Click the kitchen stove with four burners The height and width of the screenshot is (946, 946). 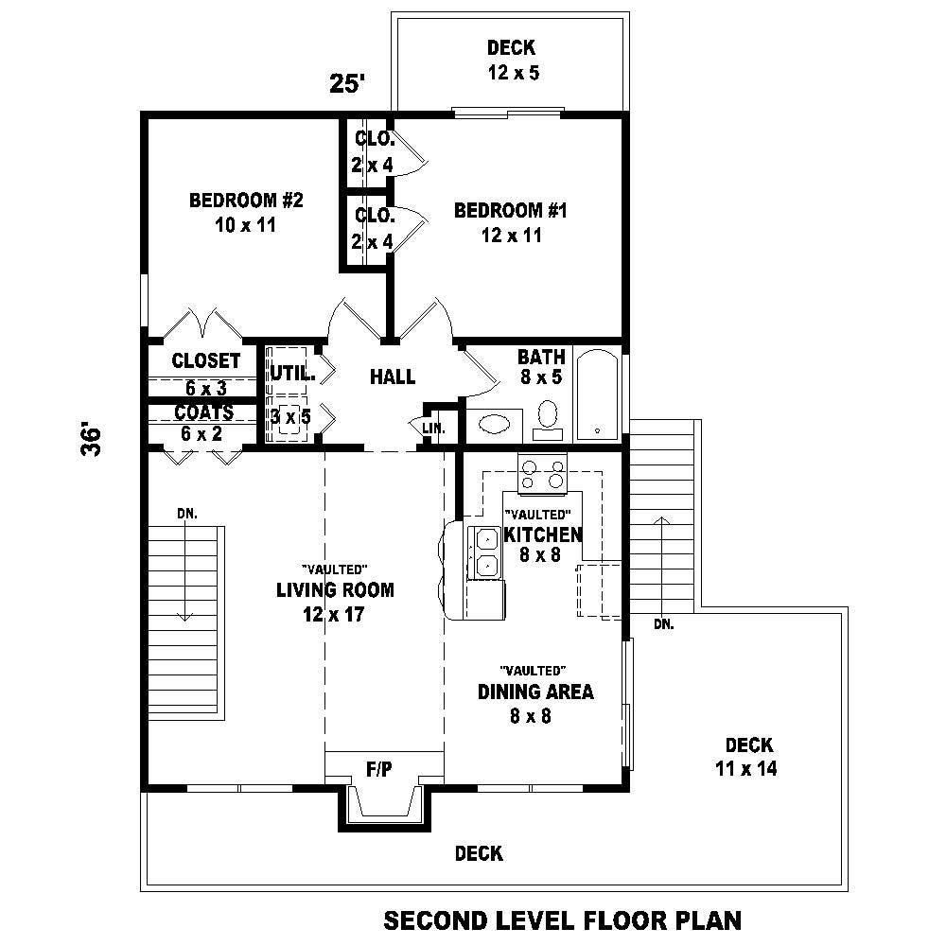pyautogui.click(x=542, y=473)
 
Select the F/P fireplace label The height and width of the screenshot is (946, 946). pyautogui.click(x=379, y=770)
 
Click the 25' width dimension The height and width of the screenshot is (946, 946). pyautogui.click(x=347, y=83)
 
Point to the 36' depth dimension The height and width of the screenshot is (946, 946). pyautogui.click(x=91, y=441)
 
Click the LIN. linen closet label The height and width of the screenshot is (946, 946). pyautogui.click(x=433, y=428)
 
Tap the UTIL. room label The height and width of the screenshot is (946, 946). pyautogui.click(x=291, y=373)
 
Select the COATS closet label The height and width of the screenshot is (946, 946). pyautogui.click(x=203, y=413)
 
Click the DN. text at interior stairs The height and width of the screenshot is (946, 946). pyautogui.click(x=185, y=513)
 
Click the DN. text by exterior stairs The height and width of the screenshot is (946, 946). pyautogui.click(x=663, y=623)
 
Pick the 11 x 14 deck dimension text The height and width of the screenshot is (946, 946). pyautogui.click(x=745, y=769)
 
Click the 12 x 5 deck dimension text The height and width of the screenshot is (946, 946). pyautogui.click(x=513, y=72)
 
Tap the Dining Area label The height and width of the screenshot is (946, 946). pyautogui.click(x=535, y=692)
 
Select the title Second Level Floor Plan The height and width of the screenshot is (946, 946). pyautogui.click(x=562, y=920)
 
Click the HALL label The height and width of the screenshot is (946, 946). pyautogui.click(x=393, y=377)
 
